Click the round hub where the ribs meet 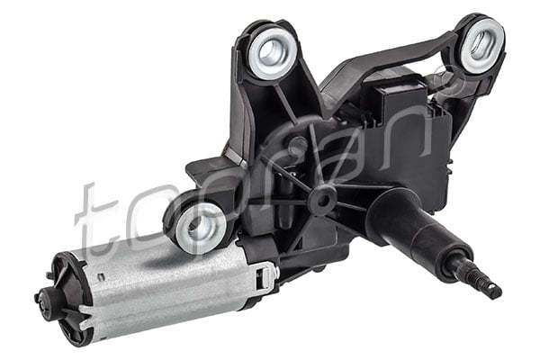tap(321, 197)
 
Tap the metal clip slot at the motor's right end tap(264, 274)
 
